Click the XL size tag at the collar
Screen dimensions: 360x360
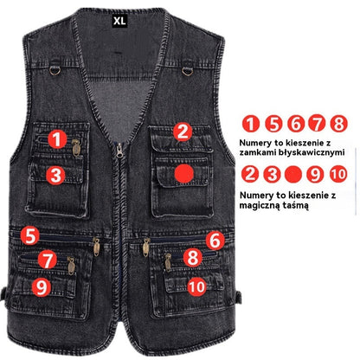[x=119, y=17]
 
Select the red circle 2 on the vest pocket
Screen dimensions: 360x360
[x=182, y=132]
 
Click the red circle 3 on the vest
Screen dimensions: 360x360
[x=56, y=174]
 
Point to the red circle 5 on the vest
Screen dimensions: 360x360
[x=30, y=235]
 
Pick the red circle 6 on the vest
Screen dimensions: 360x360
[x=215, y=241]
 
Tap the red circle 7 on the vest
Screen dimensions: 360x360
[x=48, y=259]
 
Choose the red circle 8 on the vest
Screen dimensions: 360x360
[x=193, y=257]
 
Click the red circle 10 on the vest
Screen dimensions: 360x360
[x=196, y=285]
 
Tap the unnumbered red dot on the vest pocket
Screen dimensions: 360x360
[x=183, y=173]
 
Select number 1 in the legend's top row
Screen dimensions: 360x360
[x=252, y=124]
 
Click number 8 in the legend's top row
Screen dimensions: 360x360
[x=338, y=124]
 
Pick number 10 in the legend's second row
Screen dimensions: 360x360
[x=337, y=173]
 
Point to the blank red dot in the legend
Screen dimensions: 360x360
[x=294, y=173]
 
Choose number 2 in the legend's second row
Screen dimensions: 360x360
[x=252, y=173]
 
